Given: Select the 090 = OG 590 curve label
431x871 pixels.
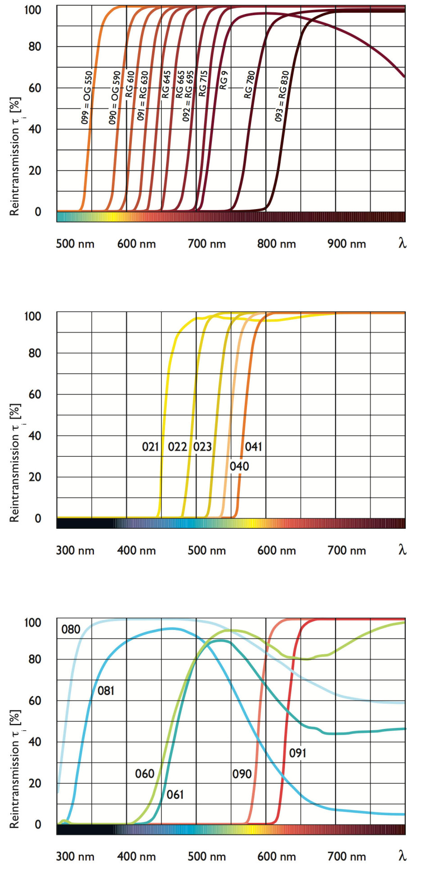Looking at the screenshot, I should (x=115, y=97).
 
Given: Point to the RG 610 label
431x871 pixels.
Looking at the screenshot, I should (x=130, y=84).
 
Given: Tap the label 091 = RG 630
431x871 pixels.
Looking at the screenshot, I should (x=143, y=95).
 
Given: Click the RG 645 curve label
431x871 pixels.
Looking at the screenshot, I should (x=166, y=84).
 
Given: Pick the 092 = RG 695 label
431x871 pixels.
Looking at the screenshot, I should (x=188, y=95).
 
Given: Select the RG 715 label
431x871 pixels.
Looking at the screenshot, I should (x=203, y=83).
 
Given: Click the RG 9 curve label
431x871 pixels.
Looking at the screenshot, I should (x=224, y=80).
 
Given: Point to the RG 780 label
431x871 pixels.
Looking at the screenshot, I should (x=250, y=84).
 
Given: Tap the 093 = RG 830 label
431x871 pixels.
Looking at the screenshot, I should (x=282, y=96).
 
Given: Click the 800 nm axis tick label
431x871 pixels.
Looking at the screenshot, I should (x=276, y=244).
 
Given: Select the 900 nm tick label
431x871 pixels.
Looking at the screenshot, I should (x=346, y=244).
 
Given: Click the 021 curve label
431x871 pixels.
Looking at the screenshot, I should (x=150, y=447).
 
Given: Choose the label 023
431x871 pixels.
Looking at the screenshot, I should (x=202, y=447).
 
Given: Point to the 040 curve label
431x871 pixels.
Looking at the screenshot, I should (x=239, y=466).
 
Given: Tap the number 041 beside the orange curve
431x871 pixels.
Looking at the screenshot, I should (x=253, y=447).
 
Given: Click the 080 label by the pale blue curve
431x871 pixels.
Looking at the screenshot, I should (x=71, y=629).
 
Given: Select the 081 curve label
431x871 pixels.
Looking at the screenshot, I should (x=106, y=690).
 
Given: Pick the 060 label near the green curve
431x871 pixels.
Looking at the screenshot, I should (x=144, y=773).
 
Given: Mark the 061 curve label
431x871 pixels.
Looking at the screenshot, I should (x=175, y=795).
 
